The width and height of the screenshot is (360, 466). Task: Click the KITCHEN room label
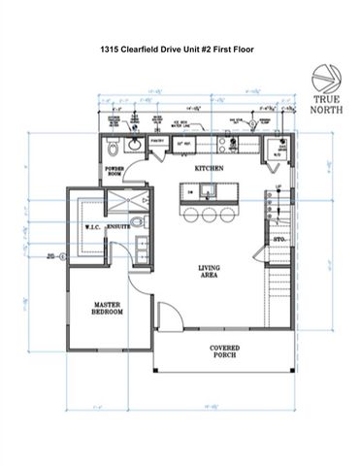point(210,169)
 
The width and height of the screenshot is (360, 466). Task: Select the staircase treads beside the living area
point(280,291)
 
